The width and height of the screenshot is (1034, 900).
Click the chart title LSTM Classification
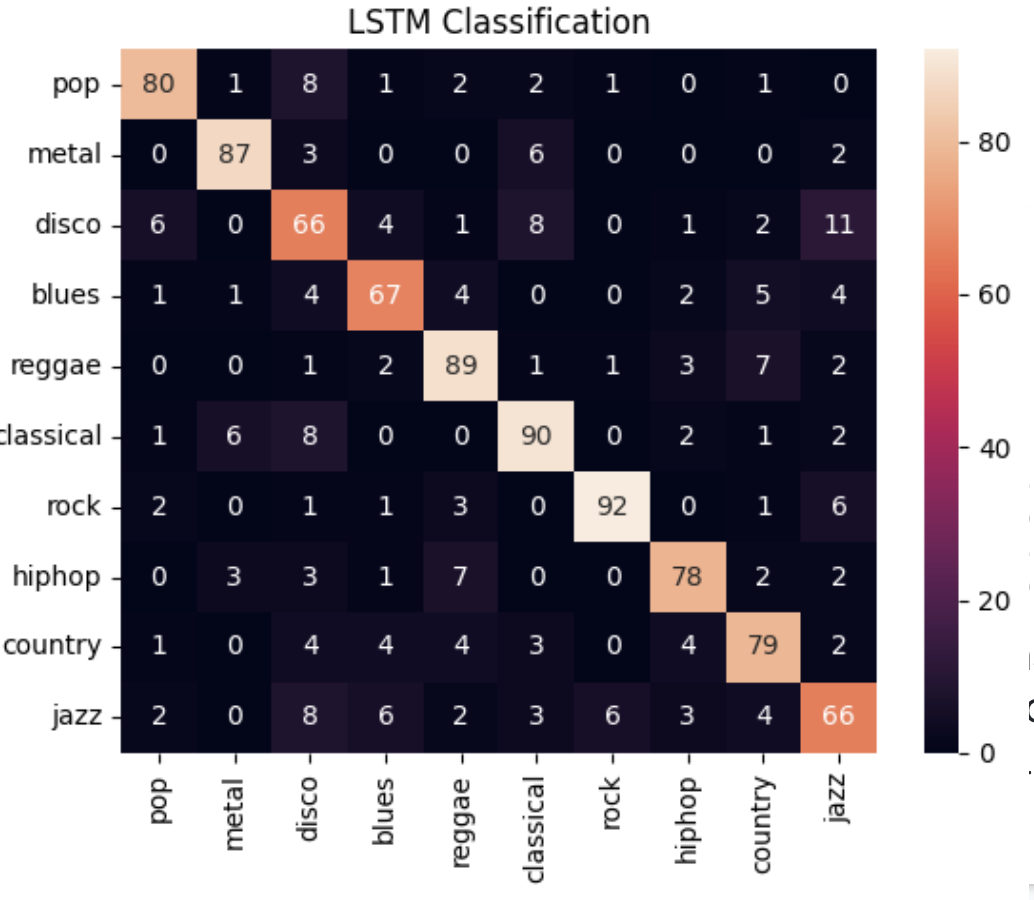point(498,22)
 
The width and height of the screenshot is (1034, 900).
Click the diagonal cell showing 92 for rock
point(612,506)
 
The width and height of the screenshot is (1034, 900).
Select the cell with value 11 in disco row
point(839,224)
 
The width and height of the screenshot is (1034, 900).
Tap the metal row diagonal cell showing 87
point(234,154)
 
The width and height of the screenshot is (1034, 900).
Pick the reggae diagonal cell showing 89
point(460,365)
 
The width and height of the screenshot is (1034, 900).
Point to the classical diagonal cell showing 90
point(536,436)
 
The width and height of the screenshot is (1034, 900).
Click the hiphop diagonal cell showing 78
point(687,576)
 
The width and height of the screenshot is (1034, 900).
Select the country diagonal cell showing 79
point(763,646)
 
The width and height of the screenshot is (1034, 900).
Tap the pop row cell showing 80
point(158,84)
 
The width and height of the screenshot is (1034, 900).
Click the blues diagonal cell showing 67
point(385,295)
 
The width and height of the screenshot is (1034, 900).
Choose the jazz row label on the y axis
point(76,717)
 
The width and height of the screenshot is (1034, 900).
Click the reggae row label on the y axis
point(56,365)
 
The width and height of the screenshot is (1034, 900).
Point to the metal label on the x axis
point(234,811)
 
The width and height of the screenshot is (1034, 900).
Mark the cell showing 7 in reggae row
point(763,365)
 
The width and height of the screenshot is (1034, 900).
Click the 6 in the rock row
point(839,506)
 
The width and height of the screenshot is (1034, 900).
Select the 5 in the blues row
point(763,295)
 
